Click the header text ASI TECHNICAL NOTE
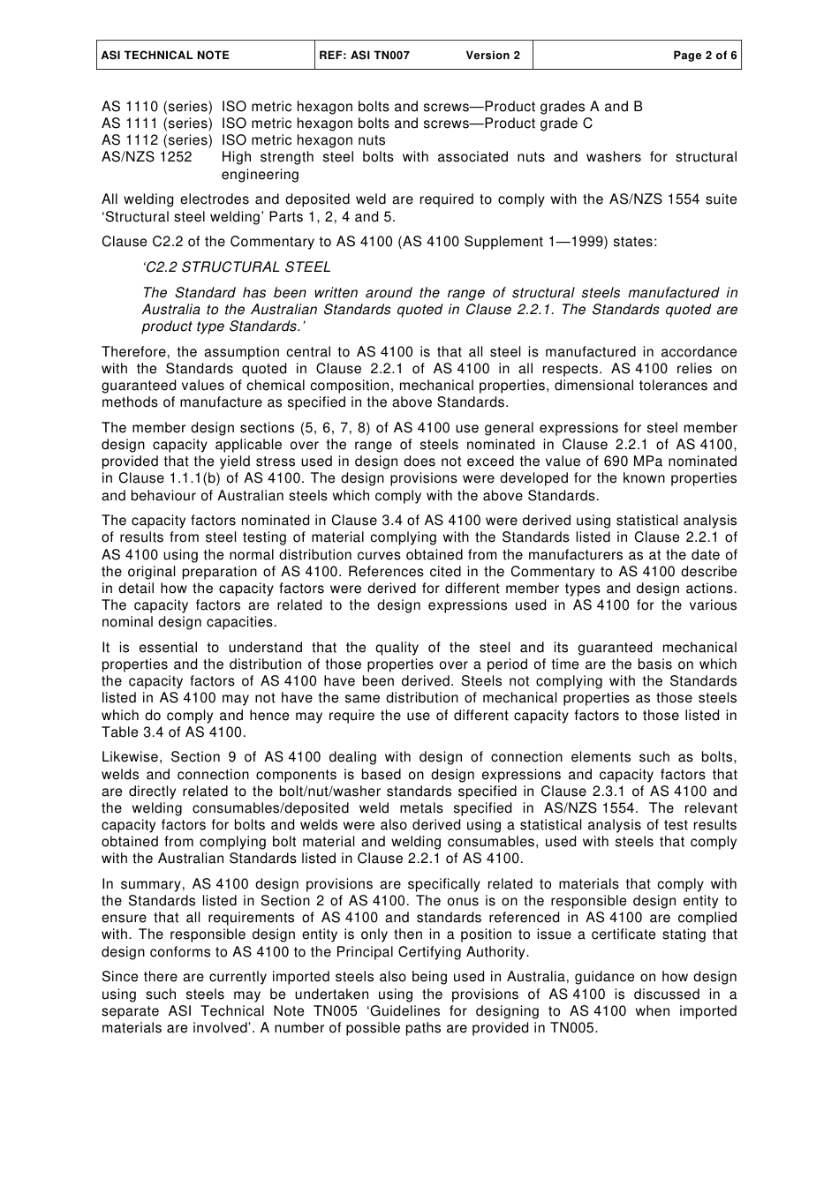[x=165, y=56]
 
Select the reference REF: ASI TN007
[x=364, y=56]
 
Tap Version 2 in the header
[x=493, y=56]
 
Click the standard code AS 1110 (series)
[x=157, y=107]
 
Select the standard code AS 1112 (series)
[x=157, y=140]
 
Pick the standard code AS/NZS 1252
[x=147, y=157]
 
